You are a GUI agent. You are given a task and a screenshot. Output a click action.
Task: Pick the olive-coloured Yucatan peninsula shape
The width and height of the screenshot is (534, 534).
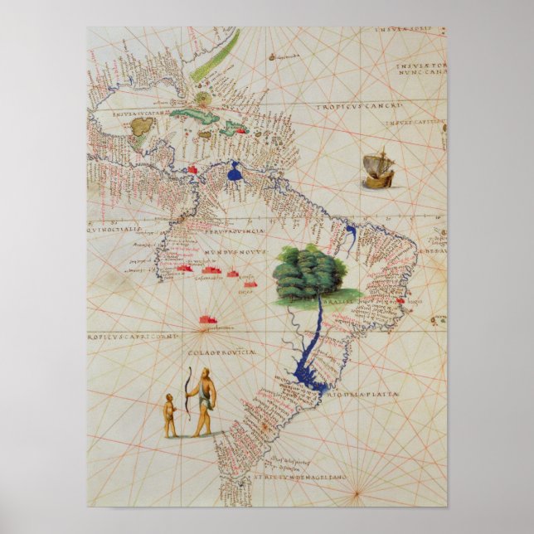[x=144, y=125]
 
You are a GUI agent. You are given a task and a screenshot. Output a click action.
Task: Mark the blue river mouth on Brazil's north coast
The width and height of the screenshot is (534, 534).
[x=350, y=236]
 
